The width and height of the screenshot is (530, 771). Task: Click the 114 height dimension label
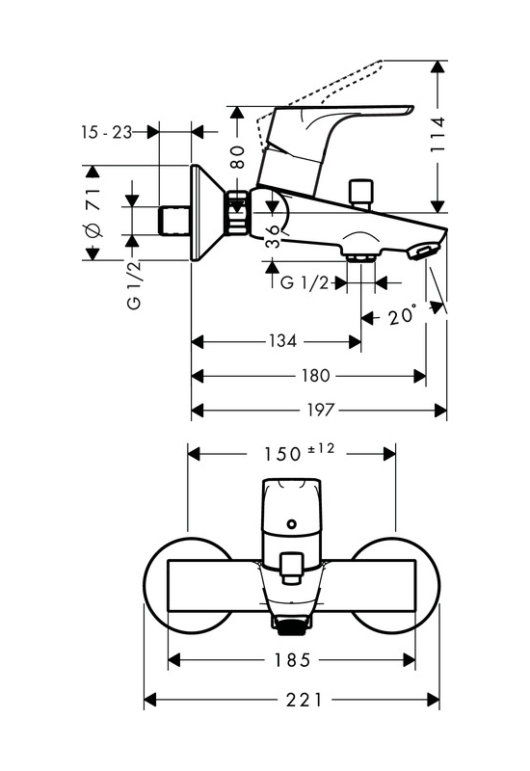[437, 134]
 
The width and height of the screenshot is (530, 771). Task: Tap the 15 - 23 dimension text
[107, 132]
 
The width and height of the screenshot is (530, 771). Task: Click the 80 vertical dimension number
[238, 157]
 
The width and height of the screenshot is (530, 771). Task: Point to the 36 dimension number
[273, 236]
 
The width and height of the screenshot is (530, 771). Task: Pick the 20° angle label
[403, 315]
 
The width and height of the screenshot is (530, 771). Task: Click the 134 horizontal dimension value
[282, 341]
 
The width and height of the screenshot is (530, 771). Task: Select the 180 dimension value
[315, 376]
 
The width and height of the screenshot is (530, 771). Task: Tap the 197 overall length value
[321, 410]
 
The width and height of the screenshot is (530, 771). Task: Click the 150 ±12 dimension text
[299, 452]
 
